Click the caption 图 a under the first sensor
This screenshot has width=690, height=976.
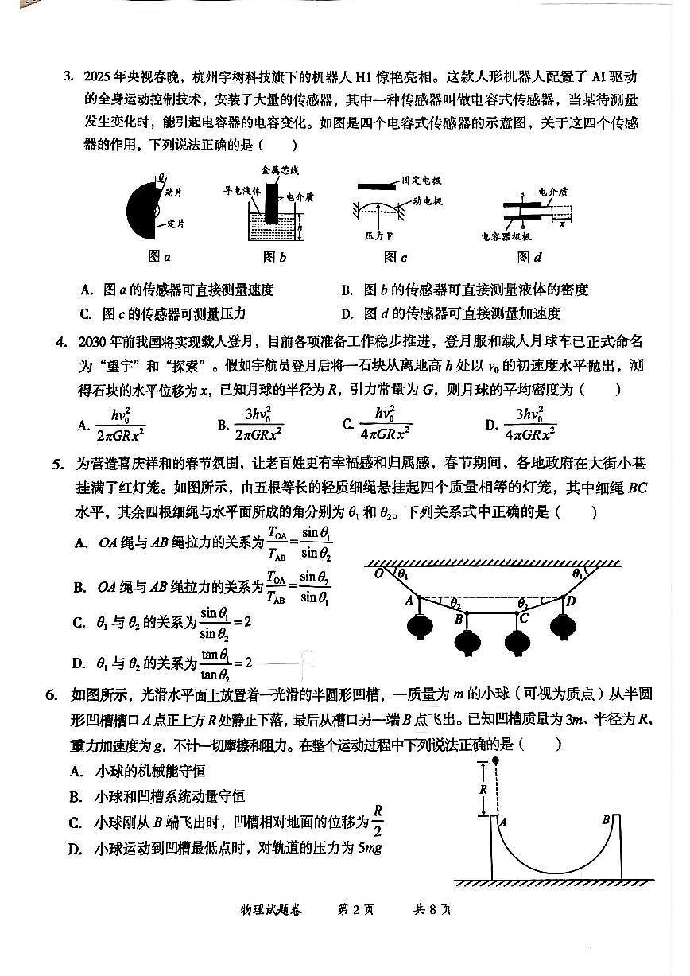tap(159, 257)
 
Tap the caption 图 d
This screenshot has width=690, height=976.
tap(529, 257)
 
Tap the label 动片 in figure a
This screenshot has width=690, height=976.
tap(173, 192)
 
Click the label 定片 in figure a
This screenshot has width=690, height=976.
tap(176, 225)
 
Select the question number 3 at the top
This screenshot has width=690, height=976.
tap(68, 77)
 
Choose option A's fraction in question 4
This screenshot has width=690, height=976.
tap(119, 424)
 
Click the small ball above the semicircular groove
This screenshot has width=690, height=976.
tap(497, 760)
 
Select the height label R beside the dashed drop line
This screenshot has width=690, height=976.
tap(483, 790)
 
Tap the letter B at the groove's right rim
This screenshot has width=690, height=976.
tap(606, 819)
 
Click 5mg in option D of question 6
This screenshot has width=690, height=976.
tap(371, 849)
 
